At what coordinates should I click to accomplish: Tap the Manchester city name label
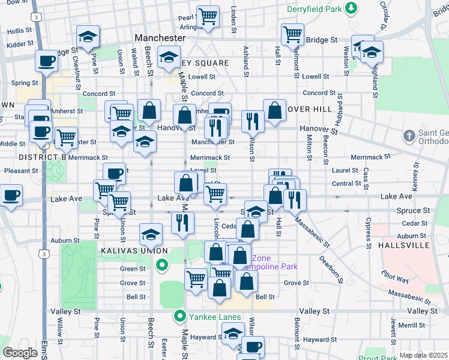click(160, 37)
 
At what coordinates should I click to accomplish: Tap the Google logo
click(19, 352)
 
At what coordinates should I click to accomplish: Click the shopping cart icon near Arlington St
click(208, 16)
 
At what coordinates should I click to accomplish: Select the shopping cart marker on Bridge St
click(292, 34)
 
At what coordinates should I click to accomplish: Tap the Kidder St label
click(19, 45)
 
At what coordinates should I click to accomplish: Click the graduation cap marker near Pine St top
click(88, 38)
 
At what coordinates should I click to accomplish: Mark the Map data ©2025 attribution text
click(423, 355)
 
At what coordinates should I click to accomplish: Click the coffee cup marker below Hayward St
click(253, 346)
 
